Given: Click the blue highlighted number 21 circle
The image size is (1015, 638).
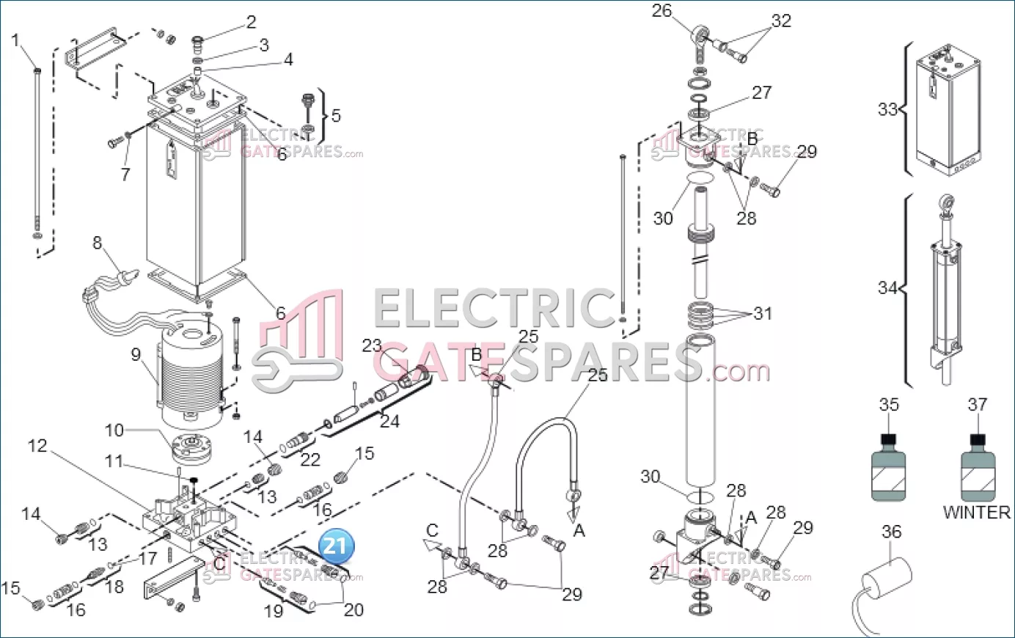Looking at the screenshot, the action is (x=336, y=546).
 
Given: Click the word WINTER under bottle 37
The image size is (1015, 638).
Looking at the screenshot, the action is (x=976, y=513).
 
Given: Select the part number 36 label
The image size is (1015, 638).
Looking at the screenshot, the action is (x=891, y=532).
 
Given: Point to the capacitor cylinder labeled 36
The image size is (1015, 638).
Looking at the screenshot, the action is (x=886, y=575).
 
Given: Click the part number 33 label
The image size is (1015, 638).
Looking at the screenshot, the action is (x=887, y=109).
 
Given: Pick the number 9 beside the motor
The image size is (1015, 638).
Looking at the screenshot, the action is (x=136, y=354).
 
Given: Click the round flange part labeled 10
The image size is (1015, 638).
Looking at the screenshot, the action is (x=191, y=447).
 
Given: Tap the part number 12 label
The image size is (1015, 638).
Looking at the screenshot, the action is (x=37, y=446).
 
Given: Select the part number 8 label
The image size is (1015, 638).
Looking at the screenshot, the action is (x=97, y=243).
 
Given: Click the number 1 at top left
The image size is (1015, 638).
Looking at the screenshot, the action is (x=16, y=40).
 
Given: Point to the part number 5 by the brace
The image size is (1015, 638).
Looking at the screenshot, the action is (x=336, y=116).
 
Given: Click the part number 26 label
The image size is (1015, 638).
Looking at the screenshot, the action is (x=662, y=11).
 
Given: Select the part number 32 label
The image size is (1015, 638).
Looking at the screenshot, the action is (x=782, y=21).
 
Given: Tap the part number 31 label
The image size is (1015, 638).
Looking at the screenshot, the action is (x=763, y=313).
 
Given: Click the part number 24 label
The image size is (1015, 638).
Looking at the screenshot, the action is (x=389, y=422).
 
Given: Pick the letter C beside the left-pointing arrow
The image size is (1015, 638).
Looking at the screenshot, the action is (x=433, y=531).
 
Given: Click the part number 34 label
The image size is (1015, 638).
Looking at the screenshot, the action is (x=887, y=287).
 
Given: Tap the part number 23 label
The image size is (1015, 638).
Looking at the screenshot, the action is (x=372, y=345).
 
